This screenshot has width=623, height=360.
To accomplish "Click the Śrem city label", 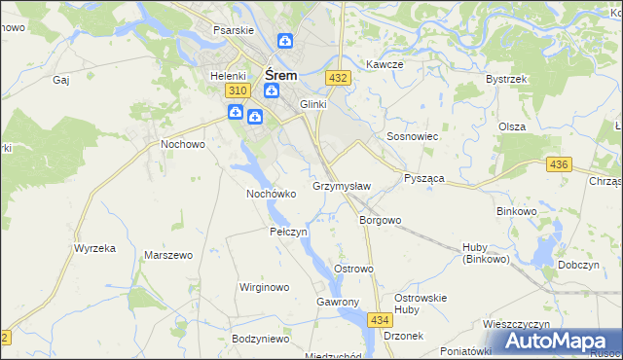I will coord(281,73).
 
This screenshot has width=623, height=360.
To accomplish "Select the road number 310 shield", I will coord(235,90).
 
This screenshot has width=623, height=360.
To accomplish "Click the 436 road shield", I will coord(558,165).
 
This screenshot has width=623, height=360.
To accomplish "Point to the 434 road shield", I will coord(380,319).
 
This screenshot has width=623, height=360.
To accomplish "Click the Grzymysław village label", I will coord(341,185).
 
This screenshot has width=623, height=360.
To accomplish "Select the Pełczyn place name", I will coord(288,233).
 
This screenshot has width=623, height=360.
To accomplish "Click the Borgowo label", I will coord(380,220).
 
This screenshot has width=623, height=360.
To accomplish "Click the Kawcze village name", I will coord(385,64).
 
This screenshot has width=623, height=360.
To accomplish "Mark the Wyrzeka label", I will coord(94,248).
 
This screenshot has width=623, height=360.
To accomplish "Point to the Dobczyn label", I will coord(578,265).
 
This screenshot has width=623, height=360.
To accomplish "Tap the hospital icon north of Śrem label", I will coord(284,41).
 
